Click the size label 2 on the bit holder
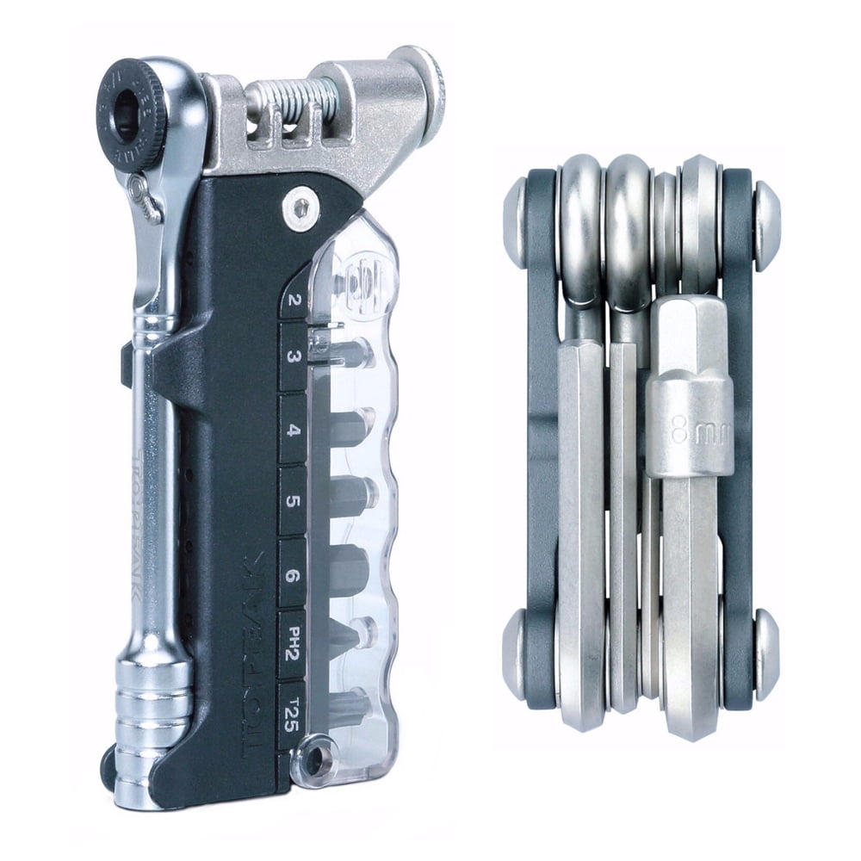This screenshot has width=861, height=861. click(x=295, y=300)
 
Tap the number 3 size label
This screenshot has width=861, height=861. click(x=295, y=358)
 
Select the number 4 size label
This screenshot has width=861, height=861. click(x=294, y=430)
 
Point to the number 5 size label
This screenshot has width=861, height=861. click(x=294, y=502)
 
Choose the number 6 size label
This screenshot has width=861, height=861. click(x=294, y=575)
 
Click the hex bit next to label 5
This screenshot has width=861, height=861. click(x=349, y=495)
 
